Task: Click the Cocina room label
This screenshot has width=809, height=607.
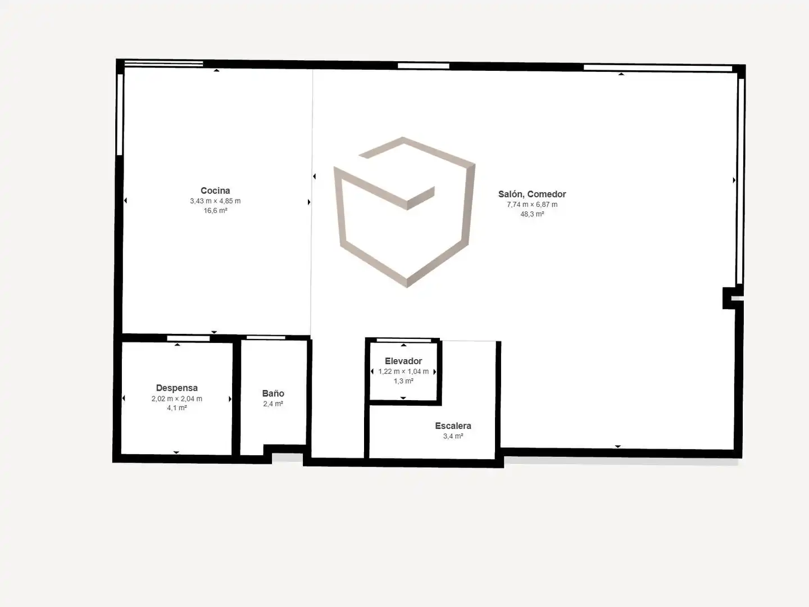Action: (215, 191)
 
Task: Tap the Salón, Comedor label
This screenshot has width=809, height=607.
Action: (532, 194)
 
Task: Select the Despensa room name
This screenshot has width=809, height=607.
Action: (177, 388)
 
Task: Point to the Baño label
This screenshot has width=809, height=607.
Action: (273, 393)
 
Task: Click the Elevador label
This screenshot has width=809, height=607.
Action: (403, 361)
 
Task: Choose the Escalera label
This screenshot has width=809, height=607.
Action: (453, 425)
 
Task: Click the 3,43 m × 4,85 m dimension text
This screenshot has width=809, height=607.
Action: (215, 201)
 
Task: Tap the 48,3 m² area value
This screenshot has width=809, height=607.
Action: (532, 214)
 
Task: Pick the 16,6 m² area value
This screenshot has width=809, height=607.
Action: (215, 210)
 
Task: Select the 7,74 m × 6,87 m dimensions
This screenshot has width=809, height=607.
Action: (532, 205)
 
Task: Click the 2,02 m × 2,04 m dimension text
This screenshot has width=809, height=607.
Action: (177, 398)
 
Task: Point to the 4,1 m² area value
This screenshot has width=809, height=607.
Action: (177, 408)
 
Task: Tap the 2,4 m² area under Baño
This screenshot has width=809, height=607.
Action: (273, 404)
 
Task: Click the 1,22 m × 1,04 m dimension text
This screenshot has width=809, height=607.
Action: (403, 372)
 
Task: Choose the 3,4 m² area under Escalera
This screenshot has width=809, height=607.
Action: (453, 436)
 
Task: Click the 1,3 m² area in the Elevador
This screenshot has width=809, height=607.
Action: (403, 381)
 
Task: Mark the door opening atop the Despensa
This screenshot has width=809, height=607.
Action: (188, 338)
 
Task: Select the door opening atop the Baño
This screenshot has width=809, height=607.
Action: (266, 338)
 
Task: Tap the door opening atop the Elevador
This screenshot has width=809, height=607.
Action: (403, 340)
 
